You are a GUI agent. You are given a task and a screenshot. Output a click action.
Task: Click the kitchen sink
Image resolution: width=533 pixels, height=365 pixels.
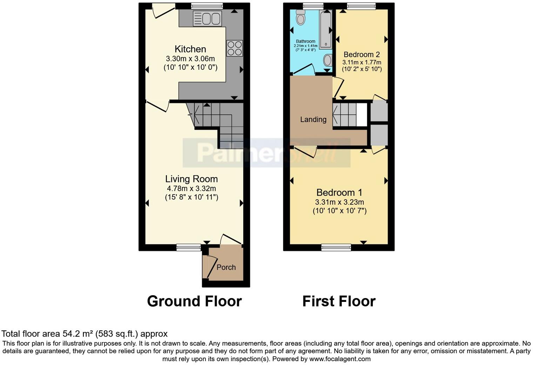pyautogui.click(x=207, y=18)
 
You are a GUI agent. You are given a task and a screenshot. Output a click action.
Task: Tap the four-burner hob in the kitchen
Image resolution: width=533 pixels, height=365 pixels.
pyautogui.click(x=235, y=48)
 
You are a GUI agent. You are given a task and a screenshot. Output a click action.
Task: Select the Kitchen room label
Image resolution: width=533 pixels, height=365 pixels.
pyautogui.click(x=190, y=49)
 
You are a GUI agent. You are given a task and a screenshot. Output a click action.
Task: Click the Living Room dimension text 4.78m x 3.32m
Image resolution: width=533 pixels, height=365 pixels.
pyautogui.click(x=191, y=189)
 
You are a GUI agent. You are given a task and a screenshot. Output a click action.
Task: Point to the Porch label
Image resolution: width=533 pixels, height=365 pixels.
pyautogui.click(x=226, y=268)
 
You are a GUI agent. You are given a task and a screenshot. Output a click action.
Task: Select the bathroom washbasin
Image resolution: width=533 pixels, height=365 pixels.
pyautogui.click(x=328, y=60)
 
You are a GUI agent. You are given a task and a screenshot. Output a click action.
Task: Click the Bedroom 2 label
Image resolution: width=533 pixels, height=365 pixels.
pyautogui.click(x=362, y=55)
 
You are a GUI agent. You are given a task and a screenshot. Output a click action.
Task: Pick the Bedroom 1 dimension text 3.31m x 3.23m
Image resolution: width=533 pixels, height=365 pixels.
pyautogui.click(x=339, y=202)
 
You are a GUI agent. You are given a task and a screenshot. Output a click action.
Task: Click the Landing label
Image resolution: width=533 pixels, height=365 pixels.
pyautogui.click(x=313, y=120)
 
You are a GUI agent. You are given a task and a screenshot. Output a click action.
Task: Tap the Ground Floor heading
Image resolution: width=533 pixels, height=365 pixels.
pyautogui.click(x=194, y=301)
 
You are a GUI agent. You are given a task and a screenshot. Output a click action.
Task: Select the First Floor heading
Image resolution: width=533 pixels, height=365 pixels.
pyautogui.click(x=339, y=301)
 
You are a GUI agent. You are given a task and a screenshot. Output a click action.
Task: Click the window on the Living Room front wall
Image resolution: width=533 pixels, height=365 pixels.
pyautogui.click(x=188, y=248)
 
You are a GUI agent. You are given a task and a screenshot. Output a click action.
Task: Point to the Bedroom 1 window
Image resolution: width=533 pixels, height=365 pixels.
pyautogui.click(x=336, y=248)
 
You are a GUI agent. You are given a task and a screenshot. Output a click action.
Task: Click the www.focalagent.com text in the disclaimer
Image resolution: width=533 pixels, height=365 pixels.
pyautogui.click(x=339, y=359)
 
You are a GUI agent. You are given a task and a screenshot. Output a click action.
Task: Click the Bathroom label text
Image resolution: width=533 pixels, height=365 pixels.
pyautogui.click(x=305, y=41)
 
